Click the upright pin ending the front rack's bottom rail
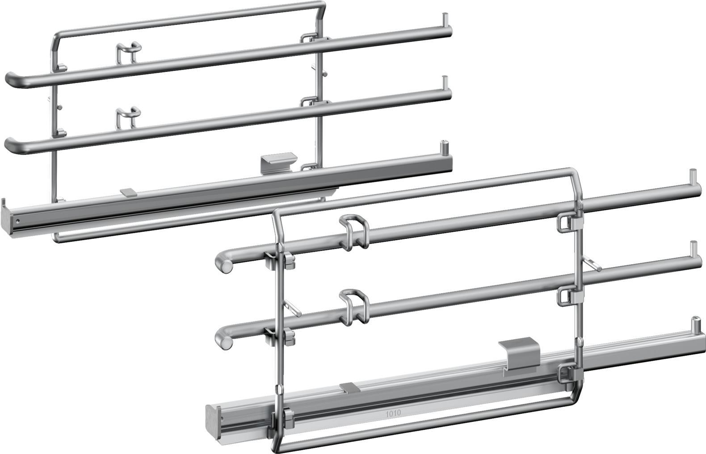695,322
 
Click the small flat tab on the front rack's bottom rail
350,387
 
